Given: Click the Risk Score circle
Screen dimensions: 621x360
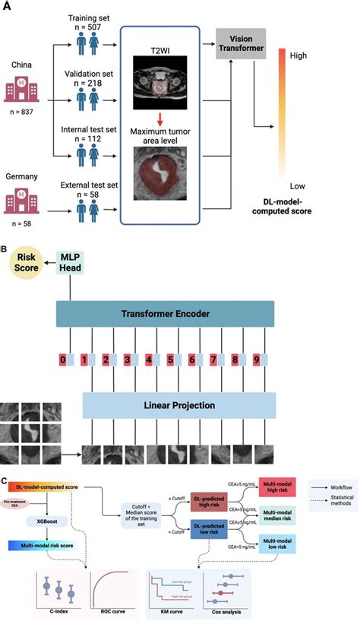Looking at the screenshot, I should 25,266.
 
